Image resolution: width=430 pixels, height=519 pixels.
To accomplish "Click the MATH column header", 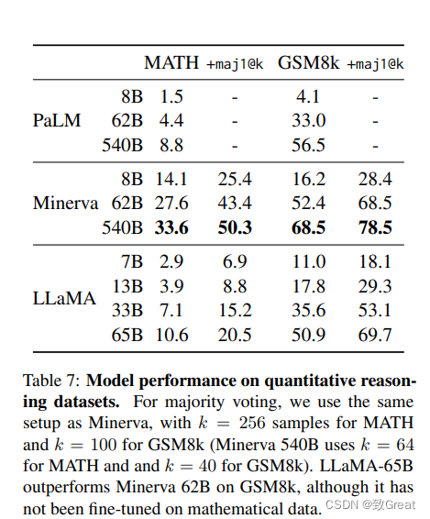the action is pos(171,62).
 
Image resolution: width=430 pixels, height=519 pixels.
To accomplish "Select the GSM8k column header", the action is pos(308,62).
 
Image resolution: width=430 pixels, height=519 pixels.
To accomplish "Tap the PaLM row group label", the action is pos(57,120).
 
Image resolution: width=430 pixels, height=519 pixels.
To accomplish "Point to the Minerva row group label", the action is pos(65,203).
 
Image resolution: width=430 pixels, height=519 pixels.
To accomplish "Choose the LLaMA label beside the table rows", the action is pos(64,298).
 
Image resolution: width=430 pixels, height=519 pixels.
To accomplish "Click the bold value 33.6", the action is pos(171,227).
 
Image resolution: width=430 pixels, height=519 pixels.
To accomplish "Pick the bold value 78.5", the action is pos(375,227).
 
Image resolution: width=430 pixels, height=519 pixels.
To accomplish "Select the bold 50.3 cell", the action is pos(235,227).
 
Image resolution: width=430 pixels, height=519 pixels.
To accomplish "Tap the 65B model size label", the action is pos(127,335).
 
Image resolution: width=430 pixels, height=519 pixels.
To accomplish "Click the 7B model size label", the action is pos(132,262).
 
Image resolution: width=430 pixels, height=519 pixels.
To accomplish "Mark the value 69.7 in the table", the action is pos(375,335).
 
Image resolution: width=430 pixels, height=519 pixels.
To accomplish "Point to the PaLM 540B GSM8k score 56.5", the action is pos(308,145).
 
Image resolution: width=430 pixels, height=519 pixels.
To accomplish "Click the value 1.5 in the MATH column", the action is pos(171,96).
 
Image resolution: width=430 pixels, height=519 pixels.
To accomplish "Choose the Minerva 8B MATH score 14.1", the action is pos(171,179).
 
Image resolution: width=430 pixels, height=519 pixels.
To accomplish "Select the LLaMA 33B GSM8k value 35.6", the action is pos(308,311).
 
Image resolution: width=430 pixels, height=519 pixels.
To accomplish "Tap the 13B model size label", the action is pos(127,286).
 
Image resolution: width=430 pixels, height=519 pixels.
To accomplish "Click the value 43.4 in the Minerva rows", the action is pos(235,203).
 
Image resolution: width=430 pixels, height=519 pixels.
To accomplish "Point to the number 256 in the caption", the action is pos(252,423).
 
